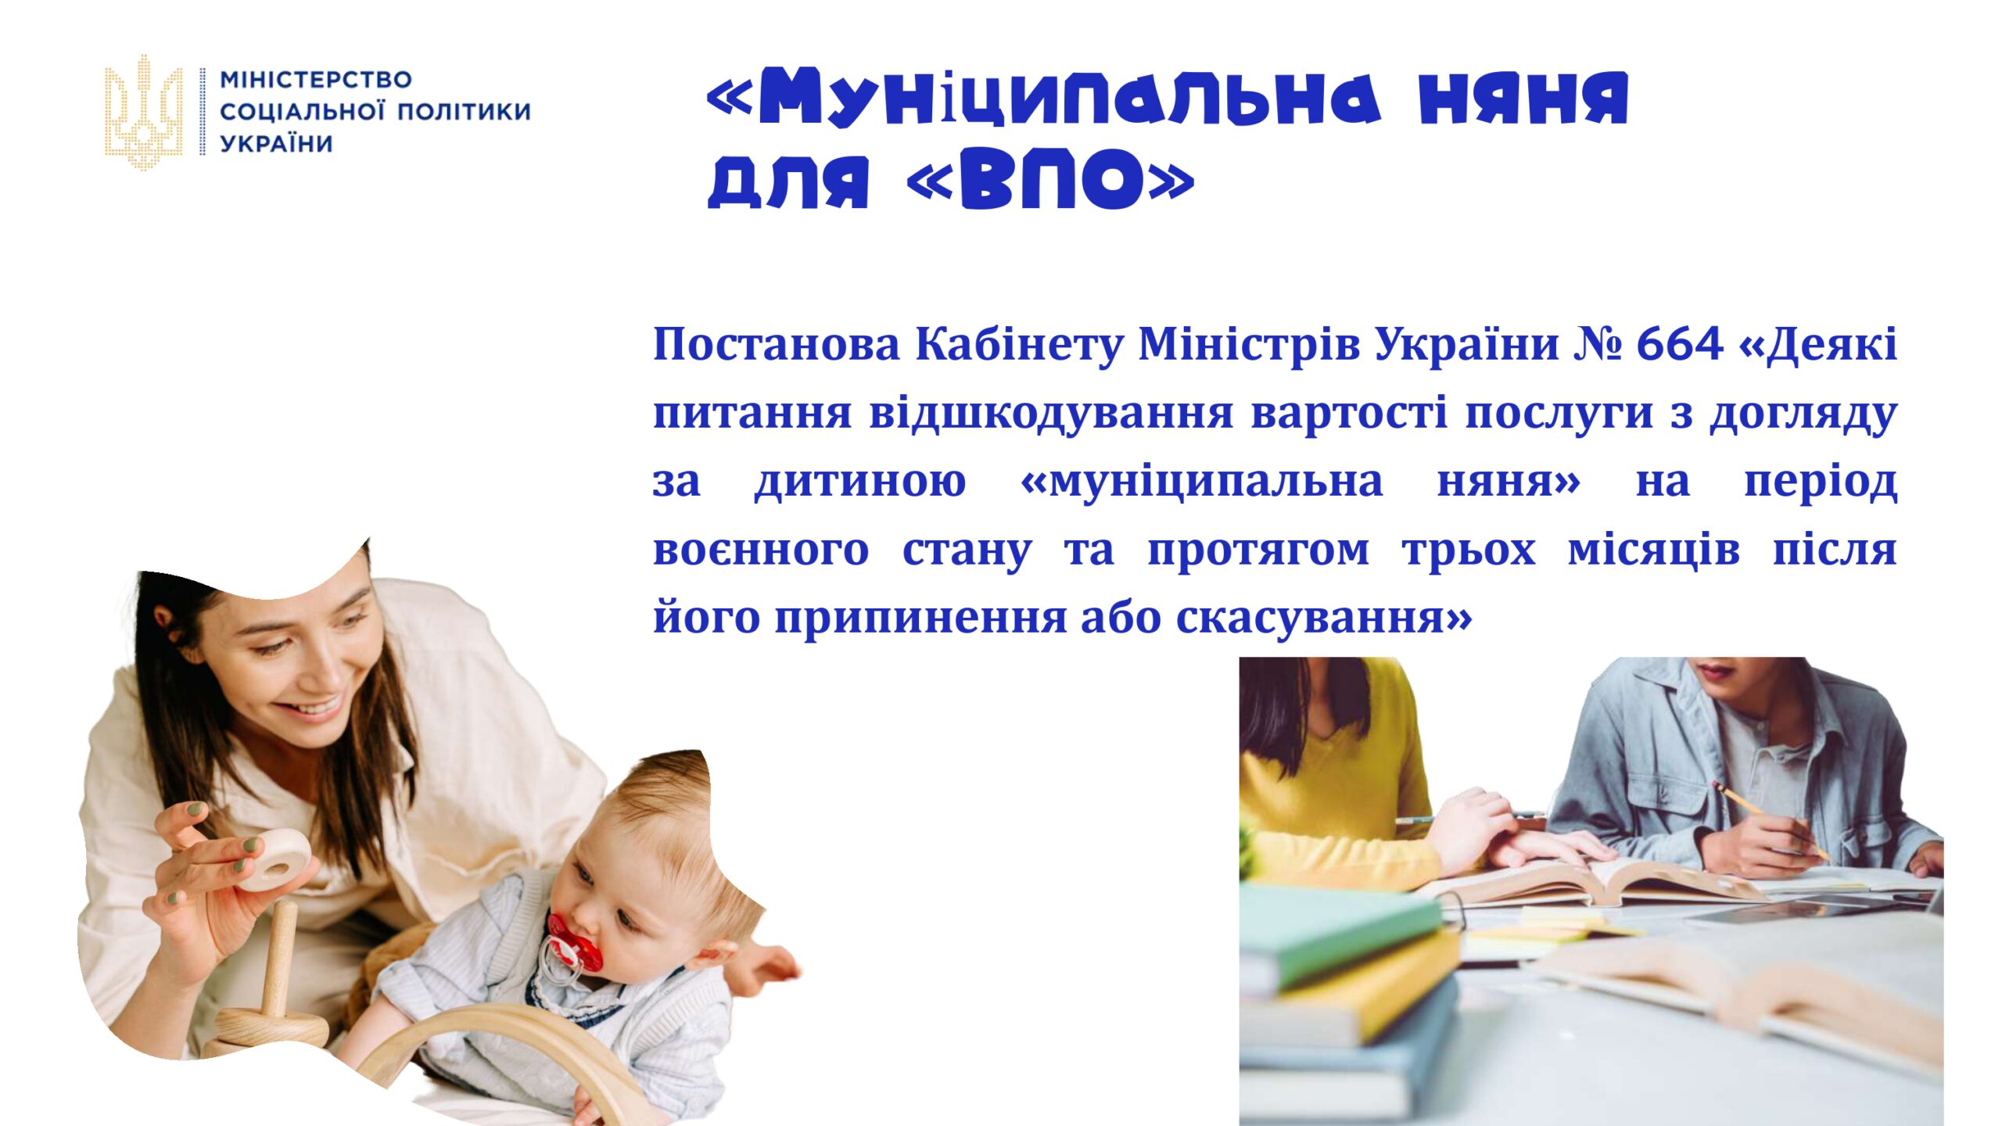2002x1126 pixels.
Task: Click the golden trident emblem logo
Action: click(144, 112)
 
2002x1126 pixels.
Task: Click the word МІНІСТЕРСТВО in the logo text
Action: click(316, 80)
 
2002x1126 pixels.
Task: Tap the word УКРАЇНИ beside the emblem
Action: click(276, 144)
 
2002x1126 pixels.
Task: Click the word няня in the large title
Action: click(1524, 97)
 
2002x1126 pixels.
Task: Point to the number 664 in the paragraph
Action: click(1680, 344)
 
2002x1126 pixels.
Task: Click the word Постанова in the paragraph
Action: click(777, 344)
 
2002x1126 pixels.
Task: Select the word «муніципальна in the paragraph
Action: click(1201, 482)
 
